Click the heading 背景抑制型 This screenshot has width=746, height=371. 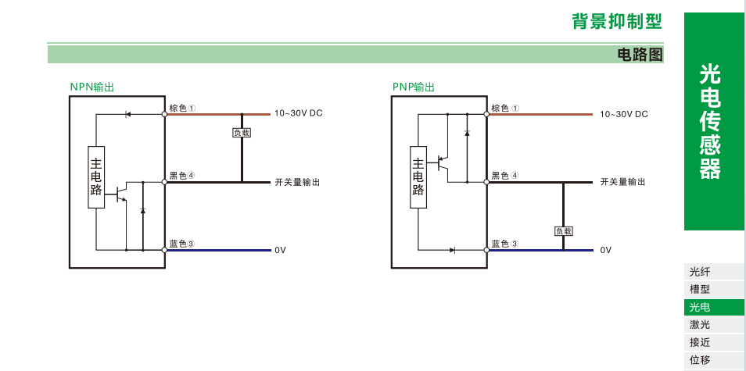click(616, 22)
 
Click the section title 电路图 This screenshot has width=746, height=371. click(640, 54)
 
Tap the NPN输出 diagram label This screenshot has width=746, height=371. click(92, 87)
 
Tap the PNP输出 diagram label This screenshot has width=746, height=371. click(414, 87)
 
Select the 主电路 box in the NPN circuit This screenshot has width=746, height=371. click(96, 177)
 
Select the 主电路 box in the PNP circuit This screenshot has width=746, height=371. click(418, 177)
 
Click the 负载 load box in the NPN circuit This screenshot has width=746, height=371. click(242, 133)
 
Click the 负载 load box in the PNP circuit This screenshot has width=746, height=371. click(564, 230)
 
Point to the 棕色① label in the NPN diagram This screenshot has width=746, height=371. click(181, 109)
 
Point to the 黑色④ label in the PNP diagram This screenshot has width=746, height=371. click(504, 177)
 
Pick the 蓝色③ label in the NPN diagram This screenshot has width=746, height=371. click(181, 244)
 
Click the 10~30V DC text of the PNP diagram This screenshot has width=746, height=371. click(624, 114)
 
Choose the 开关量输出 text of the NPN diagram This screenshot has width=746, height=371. click(297, 182)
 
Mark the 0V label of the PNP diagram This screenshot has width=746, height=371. click(605, 250)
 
